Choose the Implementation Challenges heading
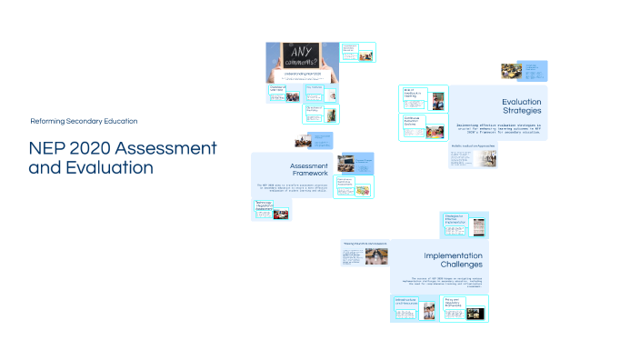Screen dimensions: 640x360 [455, 261]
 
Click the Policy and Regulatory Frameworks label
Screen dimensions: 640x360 [455, 301]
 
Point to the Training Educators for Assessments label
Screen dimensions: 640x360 [365, 244]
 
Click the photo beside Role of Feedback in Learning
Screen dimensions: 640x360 [438, 100]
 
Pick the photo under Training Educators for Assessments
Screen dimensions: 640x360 [376, 256]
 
